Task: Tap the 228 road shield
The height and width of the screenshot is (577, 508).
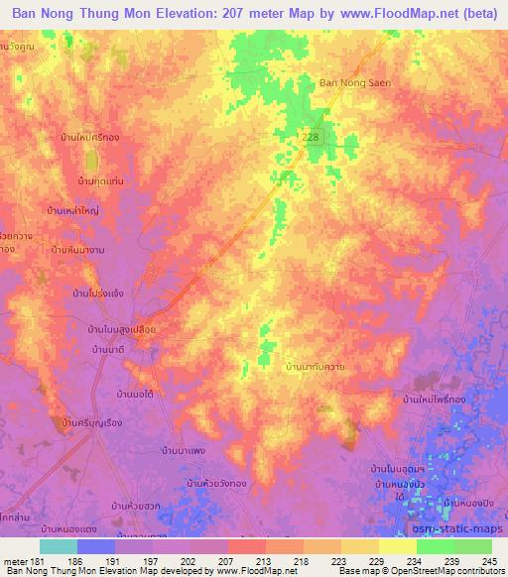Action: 312,138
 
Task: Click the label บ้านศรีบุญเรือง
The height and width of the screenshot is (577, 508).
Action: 90,423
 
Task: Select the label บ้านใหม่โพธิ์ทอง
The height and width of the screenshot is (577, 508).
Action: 436,398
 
